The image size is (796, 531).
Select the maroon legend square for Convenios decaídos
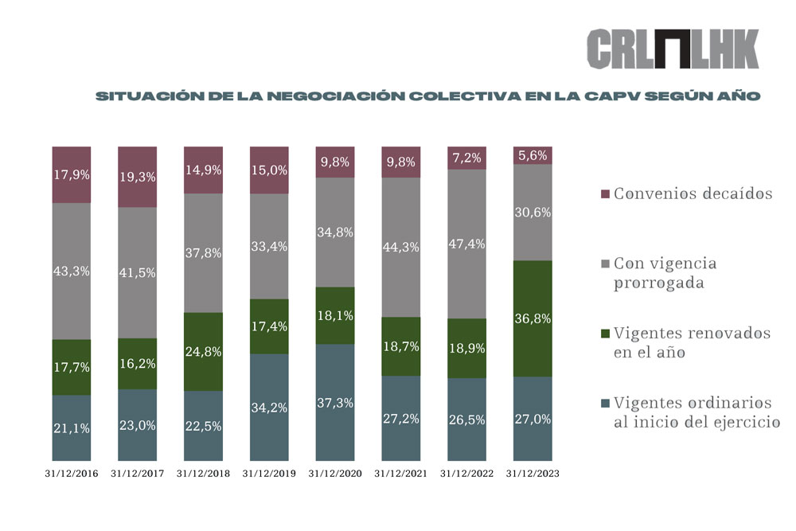(x=603, y=194)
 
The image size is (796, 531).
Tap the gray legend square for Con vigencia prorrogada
(x=603, y=263)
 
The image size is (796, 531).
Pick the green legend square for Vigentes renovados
(x=603, y=333)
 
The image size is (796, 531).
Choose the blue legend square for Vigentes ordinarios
(x=603, y=402)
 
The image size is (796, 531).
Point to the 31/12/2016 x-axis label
(x=72, y=473)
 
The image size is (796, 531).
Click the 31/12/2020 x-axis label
(x=335, y=473)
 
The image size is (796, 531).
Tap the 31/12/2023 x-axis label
(x=533, y=473)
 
